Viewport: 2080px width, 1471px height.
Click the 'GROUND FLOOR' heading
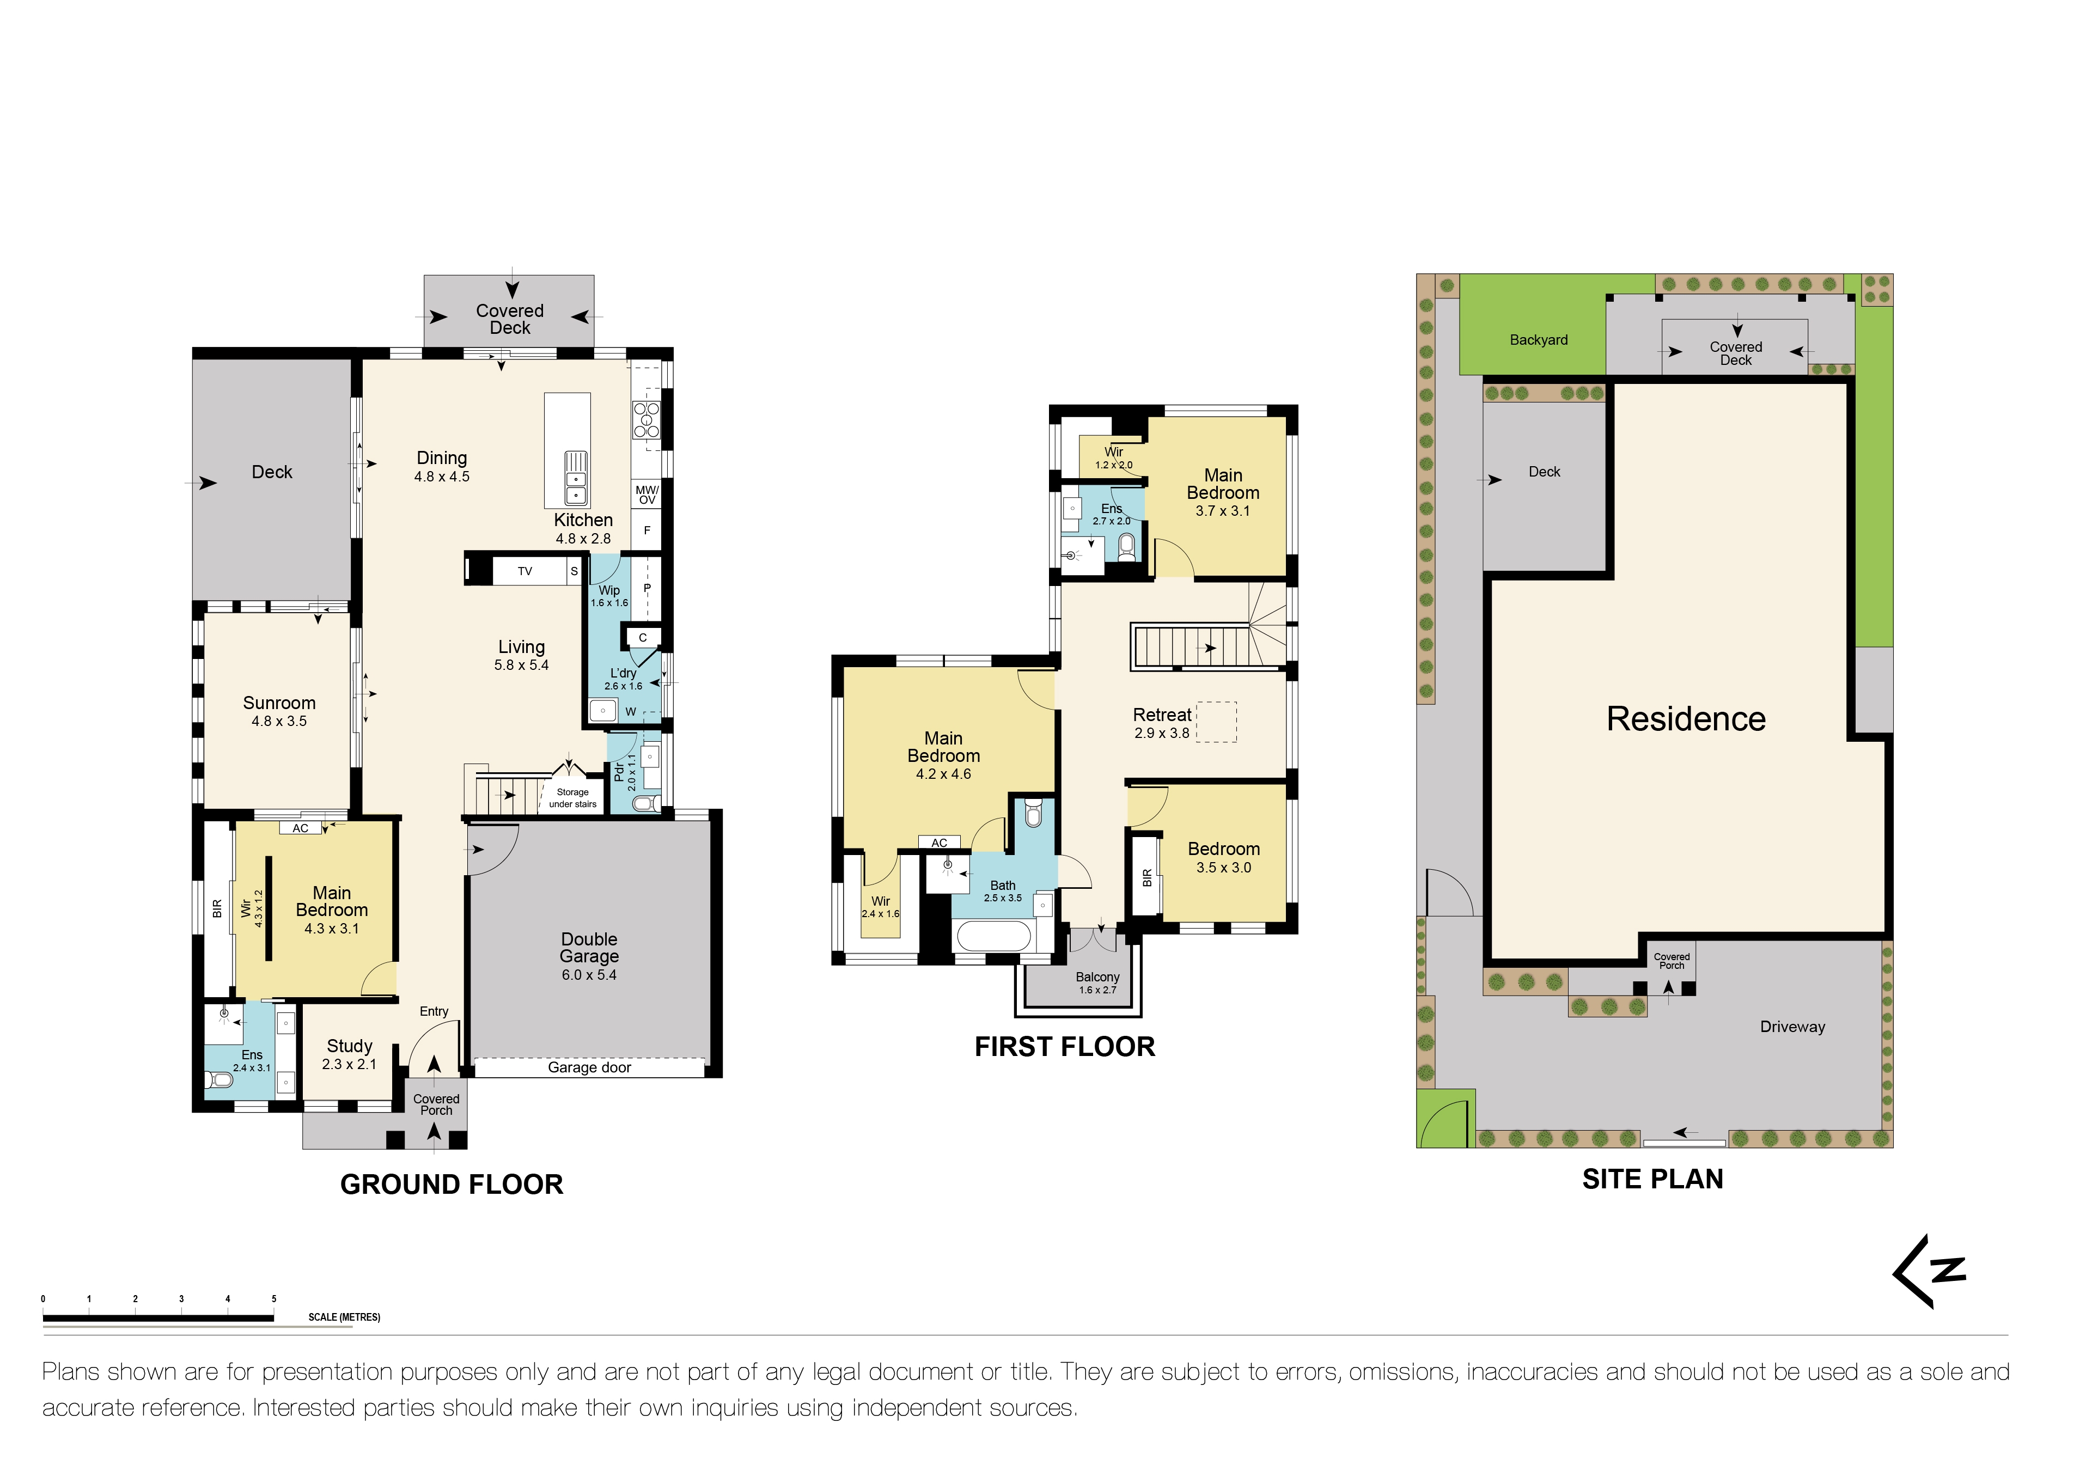[x=451, y=1184]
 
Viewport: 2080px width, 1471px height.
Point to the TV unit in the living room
[x=524, y=571]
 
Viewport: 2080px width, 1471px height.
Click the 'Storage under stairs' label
[x=572, y=798]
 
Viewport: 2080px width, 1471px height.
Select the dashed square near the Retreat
[x=1217, y=722]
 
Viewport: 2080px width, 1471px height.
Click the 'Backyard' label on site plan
[x=1538, y=340]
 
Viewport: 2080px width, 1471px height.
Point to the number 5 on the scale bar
[x=273, y=1299]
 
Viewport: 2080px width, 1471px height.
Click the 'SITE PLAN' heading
[x=1652, y=1179]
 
